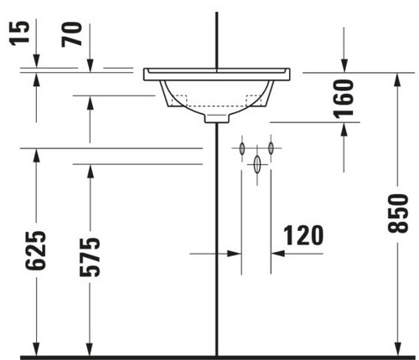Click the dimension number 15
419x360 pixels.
tap(19, 33)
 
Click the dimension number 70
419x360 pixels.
tap(72, 34)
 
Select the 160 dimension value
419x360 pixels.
tap(344, 99)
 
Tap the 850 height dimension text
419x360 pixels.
tap(398, 213)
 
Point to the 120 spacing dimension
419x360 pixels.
tap(303, 235)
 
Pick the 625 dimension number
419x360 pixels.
tap(35, 250)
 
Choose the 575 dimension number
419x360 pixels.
tap(90, 257)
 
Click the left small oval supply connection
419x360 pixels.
tap(242, 148)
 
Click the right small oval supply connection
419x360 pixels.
tap(271, 148)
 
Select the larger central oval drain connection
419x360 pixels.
tap(257, 164)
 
